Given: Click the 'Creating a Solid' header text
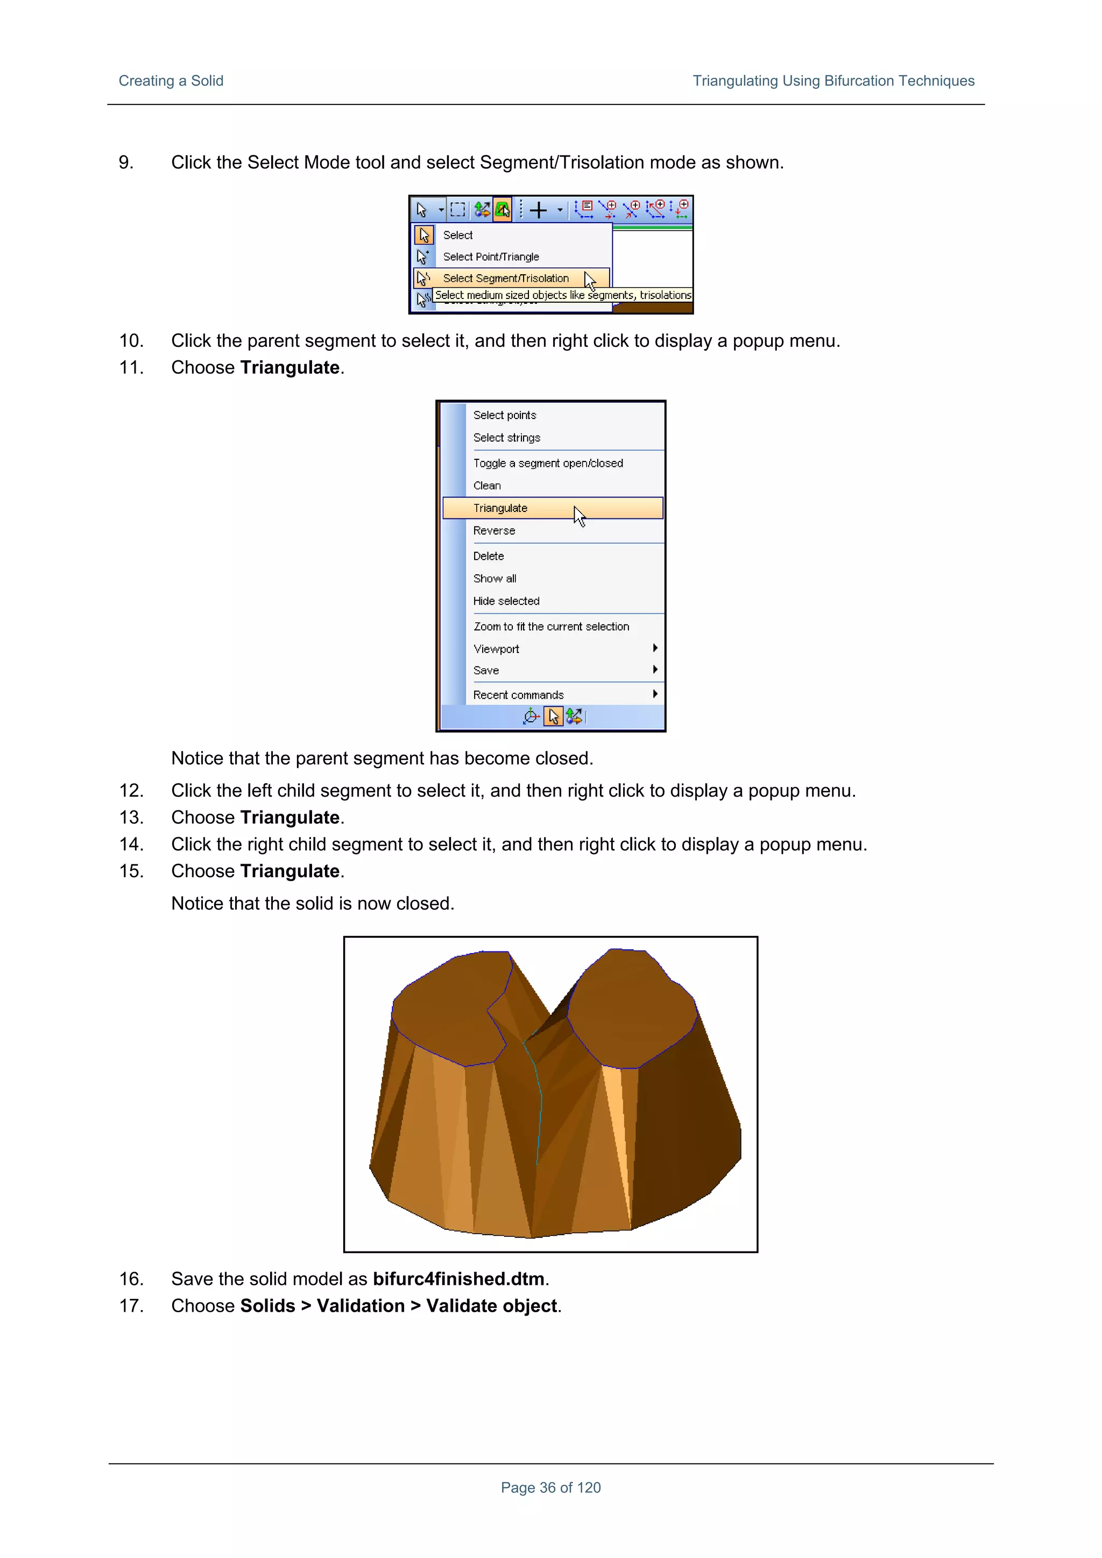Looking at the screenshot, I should pyautogui.click(x=171, y=81).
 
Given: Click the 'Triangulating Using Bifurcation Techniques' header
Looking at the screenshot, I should pyautogui.click(x=832, y=81).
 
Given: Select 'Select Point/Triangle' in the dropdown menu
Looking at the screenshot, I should pyautogui.click(x=490, y=257).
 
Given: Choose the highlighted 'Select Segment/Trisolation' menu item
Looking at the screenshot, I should pyautogui.click(x=505, y=278).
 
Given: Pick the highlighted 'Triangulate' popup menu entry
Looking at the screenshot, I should pyautogui.click(x=500, y=508).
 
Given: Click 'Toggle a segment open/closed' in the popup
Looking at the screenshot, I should pyautogui.click(x=547, y=463).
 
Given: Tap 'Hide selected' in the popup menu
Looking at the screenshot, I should pyautogui.click(x=506, y=601).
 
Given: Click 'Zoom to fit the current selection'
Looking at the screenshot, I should pyautogui.click(x=550, y=627).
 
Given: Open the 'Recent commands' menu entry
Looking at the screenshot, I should pyautogui.click(x=518, y=695).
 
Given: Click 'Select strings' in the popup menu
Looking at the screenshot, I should pyautogui.click(x=506, y=438).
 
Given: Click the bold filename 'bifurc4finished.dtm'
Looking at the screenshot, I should pyautogui.click(x=458, y=1279).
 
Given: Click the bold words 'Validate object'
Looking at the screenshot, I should pyautogui.click(x=492, y=1306).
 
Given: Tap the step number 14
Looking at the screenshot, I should pyautogui.click(x=131, y=844).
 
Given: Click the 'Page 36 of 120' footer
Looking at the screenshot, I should pyautogui.click(x=550, y=1488).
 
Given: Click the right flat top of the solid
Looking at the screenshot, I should pyautogui.click(x=632, y=1008).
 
